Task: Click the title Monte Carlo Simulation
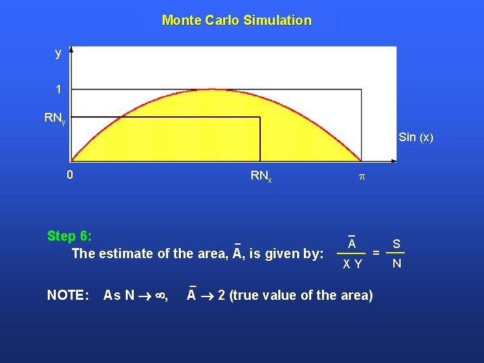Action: click(237, 20)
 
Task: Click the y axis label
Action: click(58, 53)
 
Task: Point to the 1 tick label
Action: click(58, 89)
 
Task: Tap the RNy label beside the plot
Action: click(54, 119)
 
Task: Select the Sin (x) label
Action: click(415, 138)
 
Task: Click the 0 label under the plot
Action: click(70, 175)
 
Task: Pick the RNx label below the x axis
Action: click(261, 176)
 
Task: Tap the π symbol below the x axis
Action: click(360, 176)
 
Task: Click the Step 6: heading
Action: click(69, 236)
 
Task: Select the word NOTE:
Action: click(67, 294)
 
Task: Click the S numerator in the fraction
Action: click(397, 243)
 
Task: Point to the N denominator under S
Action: click(397, 264)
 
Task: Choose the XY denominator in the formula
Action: click(352, 265)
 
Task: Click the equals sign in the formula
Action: click(376, 253)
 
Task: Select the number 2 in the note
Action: click(222, 294)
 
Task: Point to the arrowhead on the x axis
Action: click(393, 161)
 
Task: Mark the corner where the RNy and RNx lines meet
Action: click(260, 118)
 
